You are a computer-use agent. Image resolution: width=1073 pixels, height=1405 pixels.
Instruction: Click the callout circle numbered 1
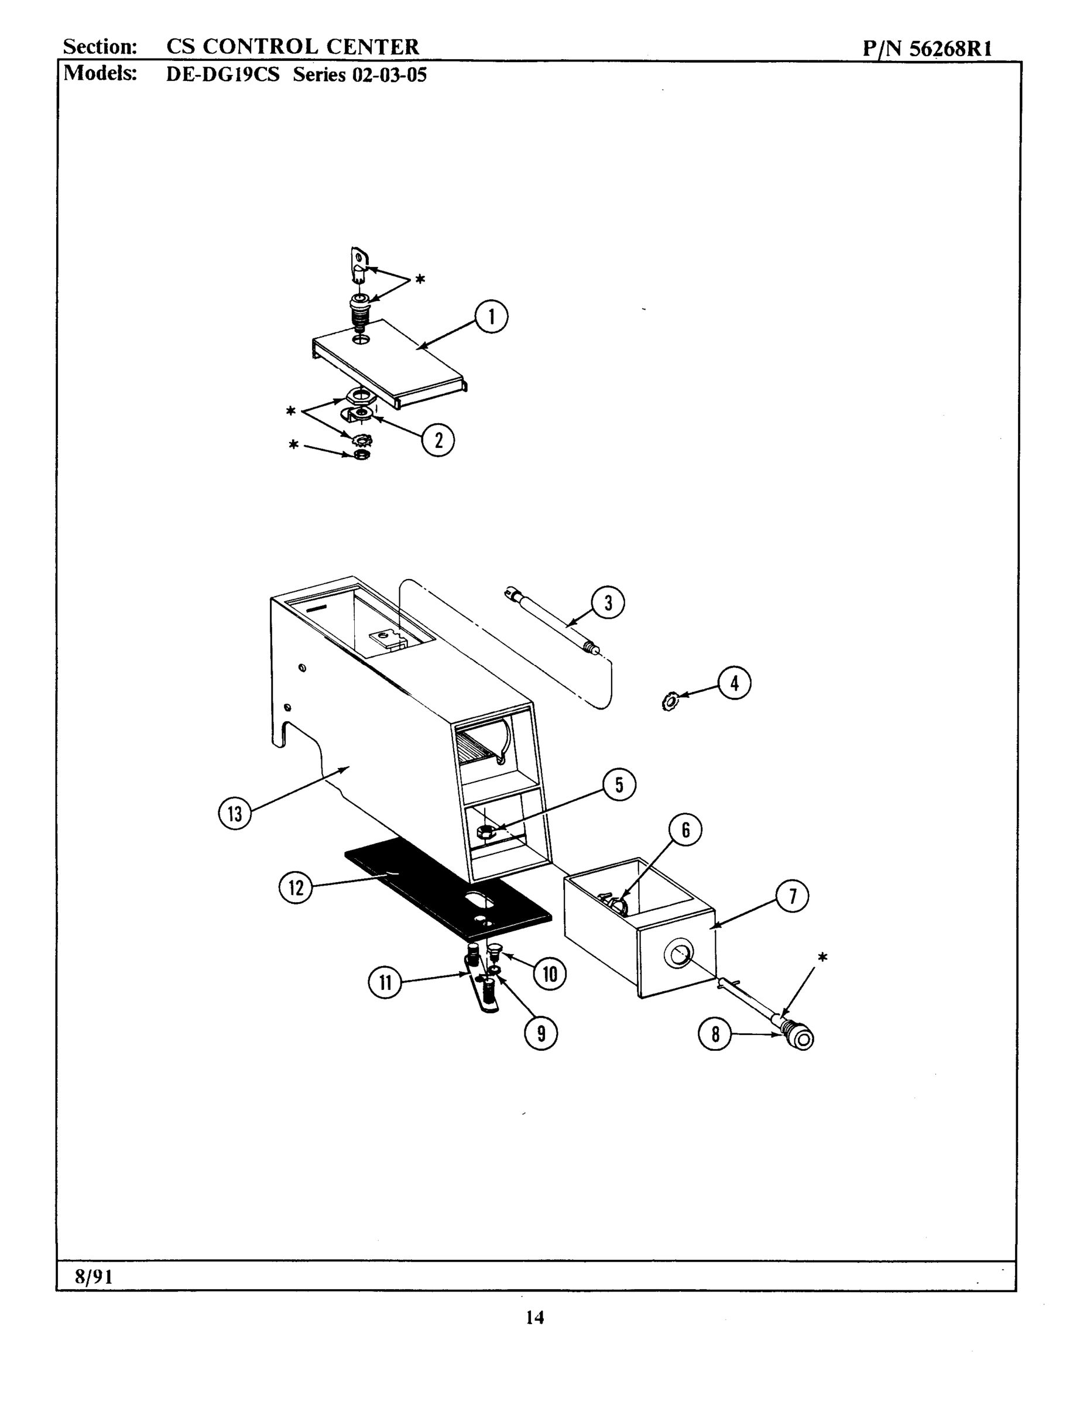pos(491,317)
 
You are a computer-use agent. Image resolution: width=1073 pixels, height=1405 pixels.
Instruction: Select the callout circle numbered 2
pos(438,440)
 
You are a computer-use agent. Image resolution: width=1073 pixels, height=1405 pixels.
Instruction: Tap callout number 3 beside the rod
pos(608,603)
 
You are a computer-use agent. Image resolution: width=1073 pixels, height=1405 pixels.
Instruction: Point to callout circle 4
pos(734,683)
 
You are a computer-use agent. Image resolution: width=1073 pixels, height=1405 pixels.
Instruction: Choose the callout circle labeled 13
pos(235,814)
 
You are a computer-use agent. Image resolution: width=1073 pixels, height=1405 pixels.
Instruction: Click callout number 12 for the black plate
pos(296,887)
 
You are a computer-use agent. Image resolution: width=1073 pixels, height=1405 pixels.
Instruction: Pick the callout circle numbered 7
pos(792,896)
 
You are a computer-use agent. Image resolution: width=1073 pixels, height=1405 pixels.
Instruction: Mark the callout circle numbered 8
pos(715,1034)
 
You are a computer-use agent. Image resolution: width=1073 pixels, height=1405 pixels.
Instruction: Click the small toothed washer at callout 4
pos(669,702)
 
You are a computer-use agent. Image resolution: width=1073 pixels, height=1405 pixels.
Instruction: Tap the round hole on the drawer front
pos(678,955)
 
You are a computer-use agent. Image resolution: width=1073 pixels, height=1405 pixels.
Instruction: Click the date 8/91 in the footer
pos(93,1277)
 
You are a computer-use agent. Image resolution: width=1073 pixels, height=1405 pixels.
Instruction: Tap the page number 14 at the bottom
pos(534,1318)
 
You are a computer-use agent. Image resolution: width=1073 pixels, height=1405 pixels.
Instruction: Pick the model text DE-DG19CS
pos(222,75)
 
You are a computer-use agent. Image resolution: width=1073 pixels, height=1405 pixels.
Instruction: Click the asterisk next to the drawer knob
pos(822,958)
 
